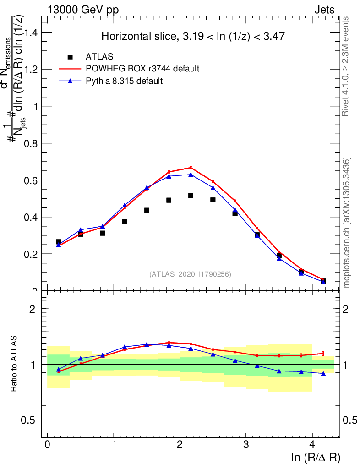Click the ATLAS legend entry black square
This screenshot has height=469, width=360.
tap(70, 57)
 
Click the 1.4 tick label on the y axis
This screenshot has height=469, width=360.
tap(31, 33)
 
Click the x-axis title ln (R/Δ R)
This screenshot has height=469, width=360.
tap(316, 457)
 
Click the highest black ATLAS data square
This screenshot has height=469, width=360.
tap(191, 196)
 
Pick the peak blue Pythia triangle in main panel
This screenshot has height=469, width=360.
tap(191, 174)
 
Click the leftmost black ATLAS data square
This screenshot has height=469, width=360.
tap(58, 241)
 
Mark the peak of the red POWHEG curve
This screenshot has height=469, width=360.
tap(191, 168)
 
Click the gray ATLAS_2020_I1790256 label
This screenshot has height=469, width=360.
tap(190, 274)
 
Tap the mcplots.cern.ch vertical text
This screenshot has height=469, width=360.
tap(347, 222)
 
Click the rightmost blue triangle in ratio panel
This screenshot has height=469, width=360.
tap(323, 374)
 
